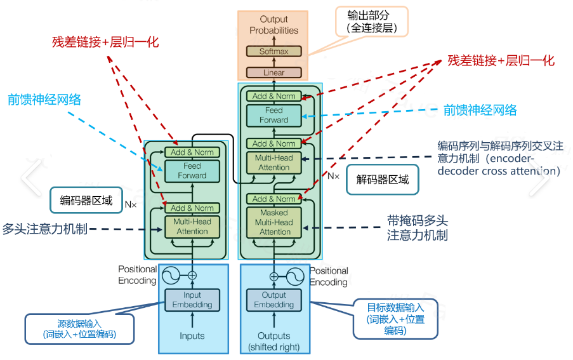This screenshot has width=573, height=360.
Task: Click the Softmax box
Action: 273,51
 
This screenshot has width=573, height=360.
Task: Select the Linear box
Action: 273,72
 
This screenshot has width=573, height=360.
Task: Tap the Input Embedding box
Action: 192,300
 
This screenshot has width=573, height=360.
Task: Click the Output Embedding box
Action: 274,300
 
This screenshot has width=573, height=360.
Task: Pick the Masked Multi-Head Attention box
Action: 274,222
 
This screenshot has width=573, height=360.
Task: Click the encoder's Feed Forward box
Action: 192,170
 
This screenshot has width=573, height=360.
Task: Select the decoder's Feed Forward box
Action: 274,115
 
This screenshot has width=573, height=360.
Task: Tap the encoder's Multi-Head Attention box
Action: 192,227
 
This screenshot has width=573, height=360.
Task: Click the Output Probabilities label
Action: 273,25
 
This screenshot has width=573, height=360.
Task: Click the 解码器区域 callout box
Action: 378,180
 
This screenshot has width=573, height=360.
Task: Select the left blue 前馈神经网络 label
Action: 44,100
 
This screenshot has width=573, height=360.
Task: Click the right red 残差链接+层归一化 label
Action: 501,60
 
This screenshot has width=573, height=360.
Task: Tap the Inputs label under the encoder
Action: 192,336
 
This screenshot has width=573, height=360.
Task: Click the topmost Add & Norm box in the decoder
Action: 274,96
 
